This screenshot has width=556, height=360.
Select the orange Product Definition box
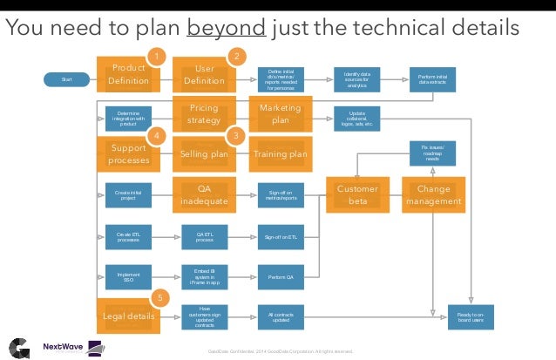(x=127, y=75)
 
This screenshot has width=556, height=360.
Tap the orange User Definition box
(x=204, y=75)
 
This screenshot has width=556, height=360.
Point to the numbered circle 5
(x=159, y=296)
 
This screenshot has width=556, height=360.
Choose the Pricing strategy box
(x=204, y=114)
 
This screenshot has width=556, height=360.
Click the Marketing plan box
(x=280, y=114)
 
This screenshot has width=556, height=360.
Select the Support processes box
(x=127, y=154)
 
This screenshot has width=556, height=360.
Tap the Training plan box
(x=280, y=154)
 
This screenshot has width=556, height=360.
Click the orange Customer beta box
(x=356, y=194)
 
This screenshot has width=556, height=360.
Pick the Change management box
(x=433, y=194)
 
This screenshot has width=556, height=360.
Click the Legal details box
(x=127, y=316)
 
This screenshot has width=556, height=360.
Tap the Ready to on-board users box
(x=471, y=316)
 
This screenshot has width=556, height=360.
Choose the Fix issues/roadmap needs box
(x=433, y=154)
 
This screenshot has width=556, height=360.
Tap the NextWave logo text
(x=64, y=345)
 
